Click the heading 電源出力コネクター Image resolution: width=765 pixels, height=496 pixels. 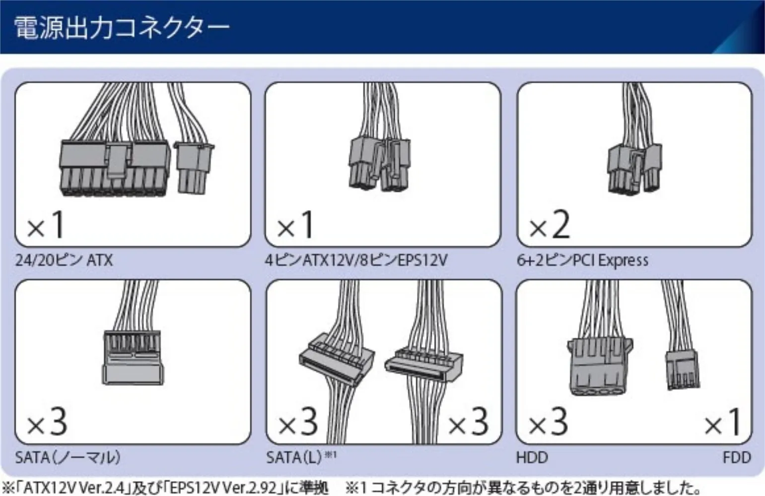tap(121, 28)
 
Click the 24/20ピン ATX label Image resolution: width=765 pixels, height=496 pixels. tap(64, 260)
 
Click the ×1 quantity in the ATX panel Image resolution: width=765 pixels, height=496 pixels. tap(46, 226)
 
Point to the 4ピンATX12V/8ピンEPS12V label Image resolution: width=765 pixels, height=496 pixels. tap(356, 260)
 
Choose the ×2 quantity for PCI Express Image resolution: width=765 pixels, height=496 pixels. tap(549, 226)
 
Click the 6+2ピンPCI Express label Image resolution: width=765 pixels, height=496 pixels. tap(582, 260)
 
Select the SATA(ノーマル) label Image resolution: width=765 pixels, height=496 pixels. tap(68, 457)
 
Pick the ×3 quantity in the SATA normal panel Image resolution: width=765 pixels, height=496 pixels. tap(47, 423)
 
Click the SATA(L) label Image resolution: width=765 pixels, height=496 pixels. tap(294, 457)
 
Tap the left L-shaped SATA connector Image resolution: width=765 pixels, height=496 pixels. tap(337, 357)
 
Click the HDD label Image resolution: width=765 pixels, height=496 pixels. tap(532, 457)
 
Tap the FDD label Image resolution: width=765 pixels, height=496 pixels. tap(737, 457)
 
